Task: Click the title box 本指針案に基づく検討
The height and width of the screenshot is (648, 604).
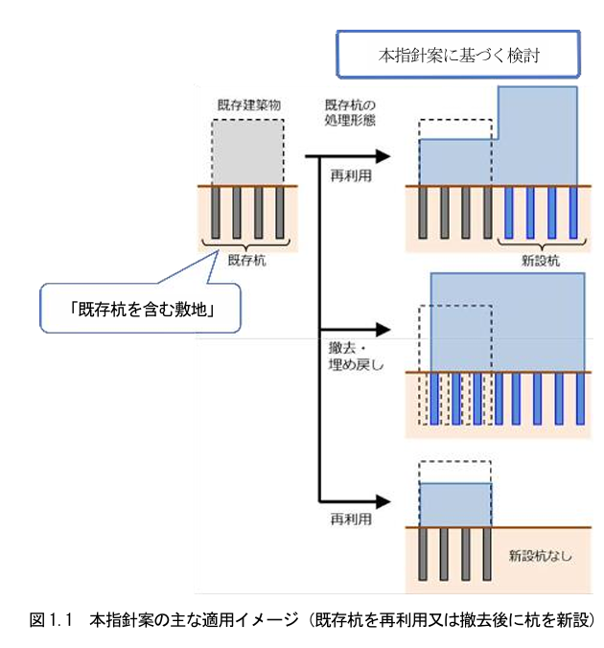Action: (459, 57)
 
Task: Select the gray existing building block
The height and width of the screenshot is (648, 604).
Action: (248, 152)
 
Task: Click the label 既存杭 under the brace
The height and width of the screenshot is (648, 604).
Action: (248, 260)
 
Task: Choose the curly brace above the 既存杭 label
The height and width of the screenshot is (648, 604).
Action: (248, 243)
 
